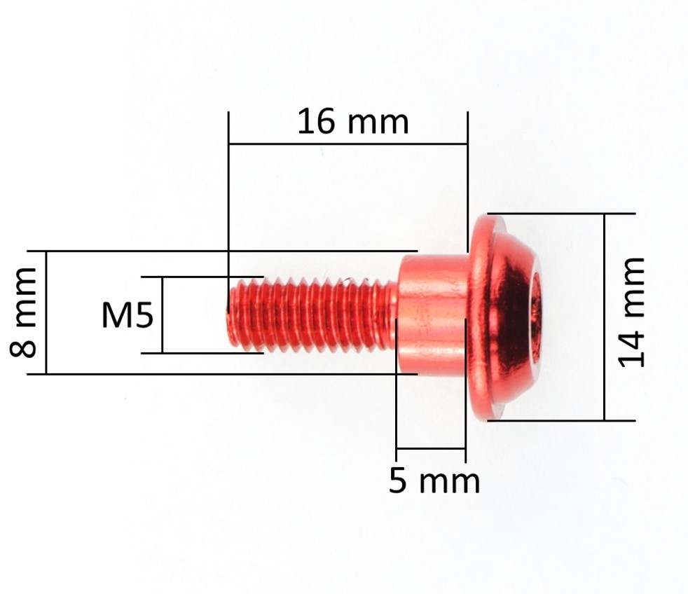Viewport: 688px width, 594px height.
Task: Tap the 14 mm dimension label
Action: click(x=631, y=312)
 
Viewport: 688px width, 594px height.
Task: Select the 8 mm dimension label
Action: click(x=23, y=312)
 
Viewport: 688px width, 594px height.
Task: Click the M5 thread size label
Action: click(x=128, y=315)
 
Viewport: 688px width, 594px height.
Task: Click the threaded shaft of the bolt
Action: click(x=312, y=315)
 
